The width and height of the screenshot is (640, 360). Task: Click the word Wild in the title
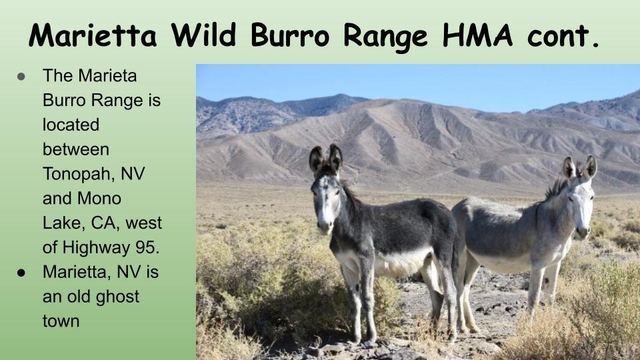(x=203, y=35)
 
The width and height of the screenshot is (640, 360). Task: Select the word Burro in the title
(x=290, y=35)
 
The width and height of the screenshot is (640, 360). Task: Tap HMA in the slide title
(x=477, y=35)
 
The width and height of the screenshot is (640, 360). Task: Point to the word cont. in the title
(x=563, y=37)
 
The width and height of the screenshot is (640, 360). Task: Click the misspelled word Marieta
(x=107, y=75)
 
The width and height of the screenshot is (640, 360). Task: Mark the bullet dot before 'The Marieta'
(x=21, y=76)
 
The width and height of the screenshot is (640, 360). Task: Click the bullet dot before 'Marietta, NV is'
(x=21, y=273)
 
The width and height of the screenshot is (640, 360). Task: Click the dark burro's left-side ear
(x=316, y=159)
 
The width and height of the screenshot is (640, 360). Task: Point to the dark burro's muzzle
(x=325, y=226)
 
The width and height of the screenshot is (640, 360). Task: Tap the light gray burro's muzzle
(x=583, y=231)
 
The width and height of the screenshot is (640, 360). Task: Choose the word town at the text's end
(x=61, y=321)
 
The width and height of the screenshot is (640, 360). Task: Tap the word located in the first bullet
(x=71, y=125)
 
